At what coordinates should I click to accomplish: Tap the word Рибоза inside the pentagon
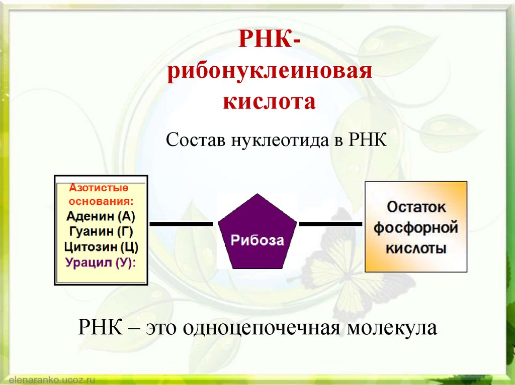(x=257, y=240)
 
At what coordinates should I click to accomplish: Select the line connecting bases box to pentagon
(x=182, y=223)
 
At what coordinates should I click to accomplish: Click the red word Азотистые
(x=99, y=188)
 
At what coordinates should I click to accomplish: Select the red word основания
(x=101, y=202)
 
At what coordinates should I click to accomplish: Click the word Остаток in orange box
(x=416, y=207)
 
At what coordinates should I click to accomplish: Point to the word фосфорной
(x=416, y=227)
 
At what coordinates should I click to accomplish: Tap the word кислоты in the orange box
(x=416, y=248)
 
